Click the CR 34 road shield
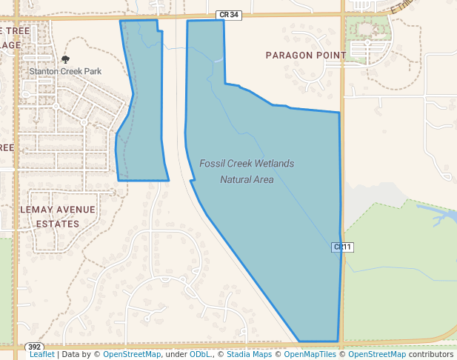[228, 14]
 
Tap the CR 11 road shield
[341, 247]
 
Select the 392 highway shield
[34, 347]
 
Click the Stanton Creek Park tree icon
[65, 59]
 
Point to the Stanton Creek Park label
[65, 71]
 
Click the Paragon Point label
[306, 56]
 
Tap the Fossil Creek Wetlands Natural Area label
[247, 171]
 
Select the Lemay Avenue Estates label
[57, 216]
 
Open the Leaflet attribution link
[41, 354]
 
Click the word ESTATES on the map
[57, 224]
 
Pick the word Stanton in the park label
[44, 71]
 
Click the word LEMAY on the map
[35, 210]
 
